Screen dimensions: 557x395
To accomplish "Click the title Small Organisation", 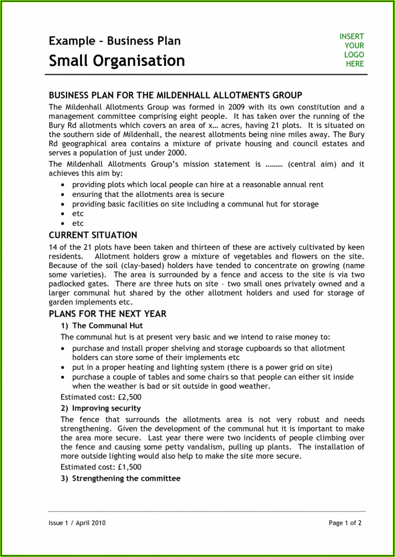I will [x=117, y=61].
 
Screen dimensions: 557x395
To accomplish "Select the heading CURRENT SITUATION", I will [x=93, y=235].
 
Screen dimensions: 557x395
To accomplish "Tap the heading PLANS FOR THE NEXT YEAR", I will [x=108, y=314].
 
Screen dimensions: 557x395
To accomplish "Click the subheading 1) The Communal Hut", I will [x=102, y=325].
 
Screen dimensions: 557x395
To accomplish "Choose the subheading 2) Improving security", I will [x=101, y=408].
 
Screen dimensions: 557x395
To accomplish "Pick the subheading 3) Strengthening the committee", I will [x=120, y=478].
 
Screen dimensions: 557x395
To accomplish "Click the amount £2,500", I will [x=130, y=397].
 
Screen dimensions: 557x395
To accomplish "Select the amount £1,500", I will [x=130, y=467].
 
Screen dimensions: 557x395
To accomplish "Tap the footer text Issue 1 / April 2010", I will [x=77, y=523].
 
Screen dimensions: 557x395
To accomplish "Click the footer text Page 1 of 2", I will [x=345, y=523].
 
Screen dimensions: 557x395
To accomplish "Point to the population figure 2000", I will [x=176, y=153].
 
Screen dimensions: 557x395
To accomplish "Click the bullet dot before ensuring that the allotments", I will [x=63, y=195].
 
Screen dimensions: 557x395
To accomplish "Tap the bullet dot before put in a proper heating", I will [x=63, y=368].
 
